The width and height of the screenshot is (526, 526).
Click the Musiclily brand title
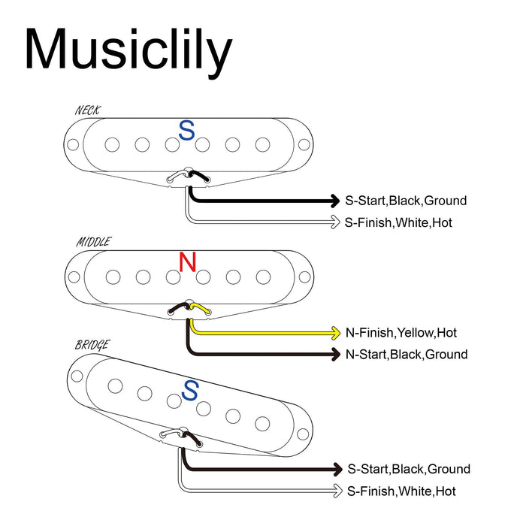(128, 50)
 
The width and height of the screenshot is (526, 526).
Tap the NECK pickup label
(88, 110)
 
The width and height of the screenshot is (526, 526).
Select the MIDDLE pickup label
(93, 242)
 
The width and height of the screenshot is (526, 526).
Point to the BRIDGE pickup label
(92, 345)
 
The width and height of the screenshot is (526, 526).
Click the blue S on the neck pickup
(186, 131)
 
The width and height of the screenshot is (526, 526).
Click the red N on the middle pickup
(187, 262)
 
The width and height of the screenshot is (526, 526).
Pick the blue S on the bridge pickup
(191, 390)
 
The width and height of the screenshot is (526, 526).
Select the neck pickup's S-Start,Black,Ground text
(406, 201)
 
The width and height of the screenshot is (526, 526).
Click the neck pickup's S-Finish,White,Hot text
(398, 222)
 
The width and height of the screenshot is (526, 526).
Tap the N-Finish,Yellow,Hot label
(401, 332)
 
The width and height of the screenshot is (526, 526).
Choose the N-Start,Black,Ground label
(406, 354)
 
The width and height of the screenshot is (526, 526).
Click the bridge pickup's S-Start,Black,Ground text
(409, 469)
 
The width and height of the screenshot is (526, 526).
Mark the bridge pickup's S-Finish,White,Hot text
(401, 491)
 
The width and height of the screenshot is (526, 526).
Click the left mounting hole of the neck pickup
(75, 145)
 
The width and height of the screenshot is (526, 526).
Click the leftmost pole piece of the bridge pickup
(115, 385)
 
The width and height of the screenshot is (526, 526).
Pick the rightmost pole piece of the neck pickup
(262, 144)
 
